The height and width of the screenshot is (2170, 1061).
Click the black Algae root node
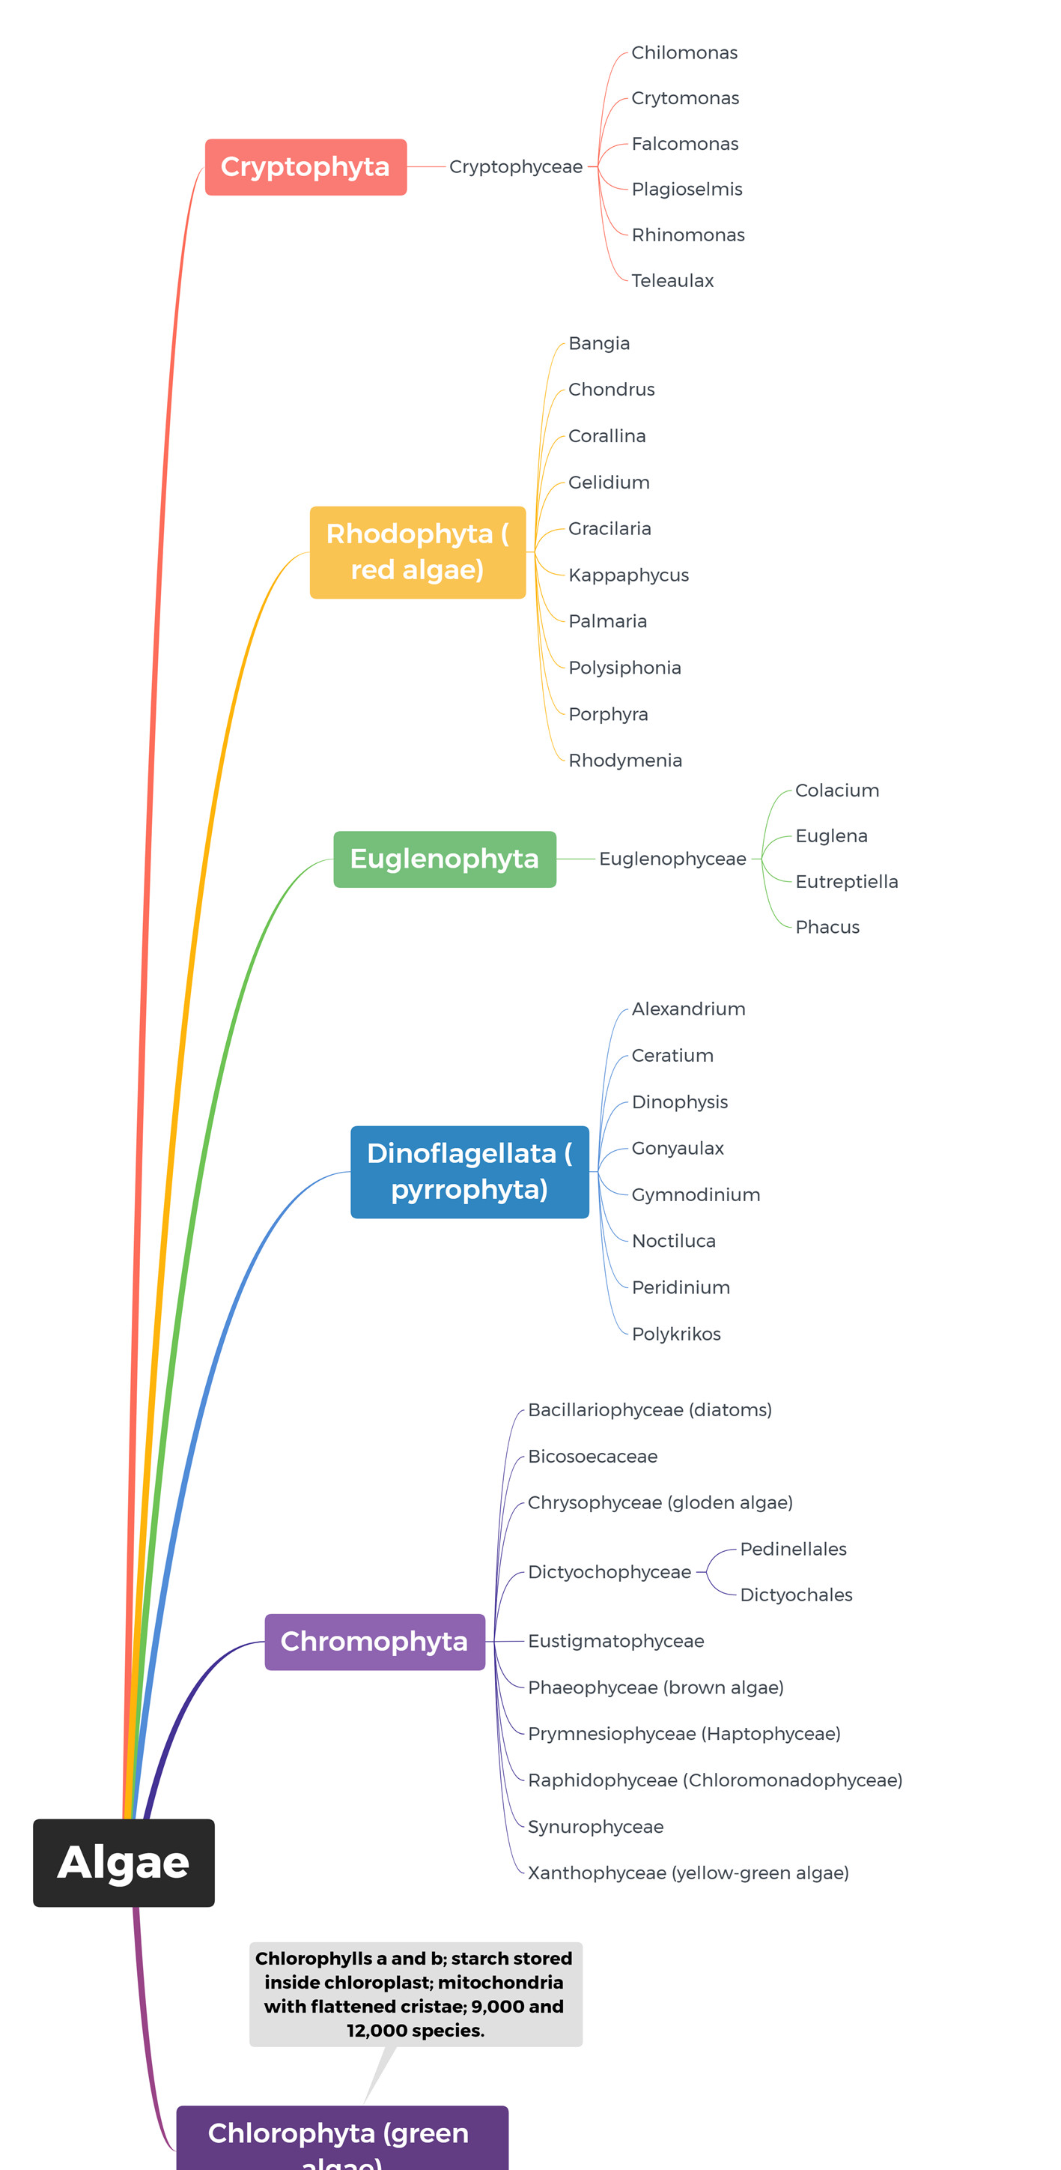(124, 1863)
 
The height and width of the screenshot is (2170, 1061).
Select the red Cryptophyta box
(305, 167)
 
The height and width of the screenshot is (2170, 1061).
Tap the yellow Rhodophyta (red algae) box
(418, 551)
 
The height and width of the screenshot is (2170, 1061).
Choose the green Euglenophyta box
(445, 859)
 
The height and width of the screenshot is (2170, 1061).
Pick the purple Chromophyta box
(374, 1641)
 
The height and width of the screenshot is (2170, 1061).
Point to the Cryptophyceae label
(515, 167)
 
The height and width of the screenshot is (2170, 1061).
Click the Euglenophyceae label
(672, 859)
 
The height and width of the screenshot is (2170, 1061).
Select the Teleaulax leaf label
(672, 280)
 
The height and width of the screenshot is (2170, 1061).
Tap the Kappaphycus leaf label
(628, 575)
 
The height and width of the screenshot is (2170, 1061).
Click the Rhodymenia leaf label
(624, 760)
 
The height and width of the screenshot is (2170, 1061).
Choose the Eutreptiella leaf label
(846, 881)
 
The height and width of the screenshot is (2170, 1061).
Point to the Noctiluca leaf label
(674, 1241)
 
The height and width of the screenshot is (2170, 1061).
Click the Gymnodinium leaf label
(696, 1194)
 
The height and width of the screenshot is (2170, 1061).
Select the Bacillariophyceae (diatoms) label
(649, 1409)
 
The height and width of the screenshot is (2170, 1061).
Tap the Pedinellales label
(793, 1548)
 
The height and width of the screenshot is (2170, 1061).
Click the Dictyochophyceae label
(609, 1572)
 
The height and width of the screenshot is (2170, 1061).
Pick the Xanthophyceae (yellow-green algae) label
(688, 1873)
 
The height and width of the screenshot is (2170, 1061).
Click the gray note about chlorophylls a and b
(415, 1993)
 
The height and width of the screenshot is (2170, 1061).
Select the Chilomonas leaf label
(684, 52)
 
